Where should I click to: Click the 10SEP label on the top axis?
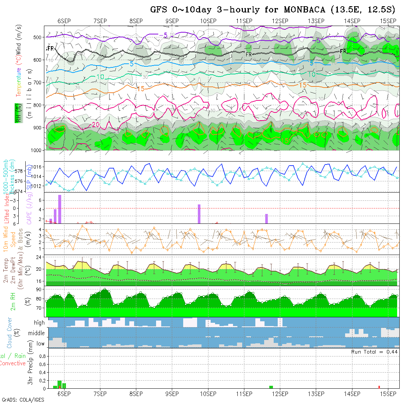pyautogui.click(x=208, y=21)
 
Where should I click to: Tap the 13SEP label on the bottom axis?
pyautogui.click(x=316, y=394)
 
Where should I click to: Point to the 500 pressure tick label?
pyautogui.click(x=38, y=37)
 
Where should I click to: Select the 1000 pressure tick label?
pyautogui.click(x=37, y=150)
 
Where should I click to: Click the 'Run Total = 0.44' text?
pyautogui.click(x=374, y=352)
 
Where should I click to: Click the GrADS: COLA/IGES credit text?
pyautogui.click(x=23, y=400)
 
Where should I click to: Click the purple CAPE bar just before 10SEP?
pyautogui.click(x=199, y=214)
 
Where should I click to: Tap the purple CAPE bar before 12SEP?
pyautogui.click(x=266, y=218)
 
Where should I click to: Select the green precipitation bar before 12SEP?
pyautogui.click(x=271, y=387)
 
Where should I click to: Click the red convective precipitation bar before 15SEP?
pyautogui.click(x=379, y=387)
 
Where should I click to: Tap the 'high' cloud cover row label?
pyautogui.click(x=39, y=323)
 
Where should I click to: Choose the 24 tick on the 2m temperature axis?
pyautogui.click(x=38, y=257)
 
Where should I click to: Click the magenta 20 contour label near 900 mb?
pyautogui.click(x=96, y=125)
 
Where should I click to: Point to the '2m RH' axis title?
pyautogui.click(x=13, y=302)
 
